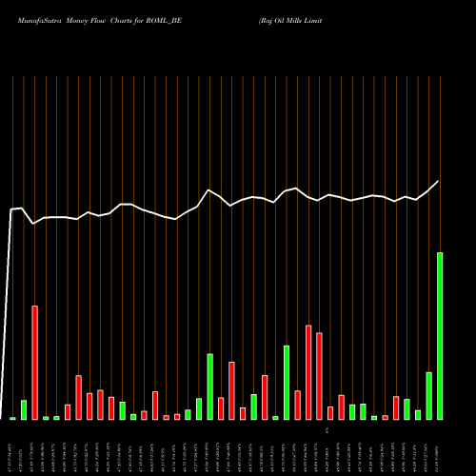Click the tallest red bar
[35, 362]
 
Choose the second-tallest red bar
[308, 371]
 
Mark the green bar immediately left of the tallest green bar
[428, 395]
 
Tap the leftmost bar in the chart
[13, 418]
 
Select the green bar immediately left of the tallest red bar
[24, 409]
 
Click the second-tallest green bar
[287, 382]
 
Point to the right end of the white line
[439, 181]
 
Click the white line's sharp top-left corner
[12, 209]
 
